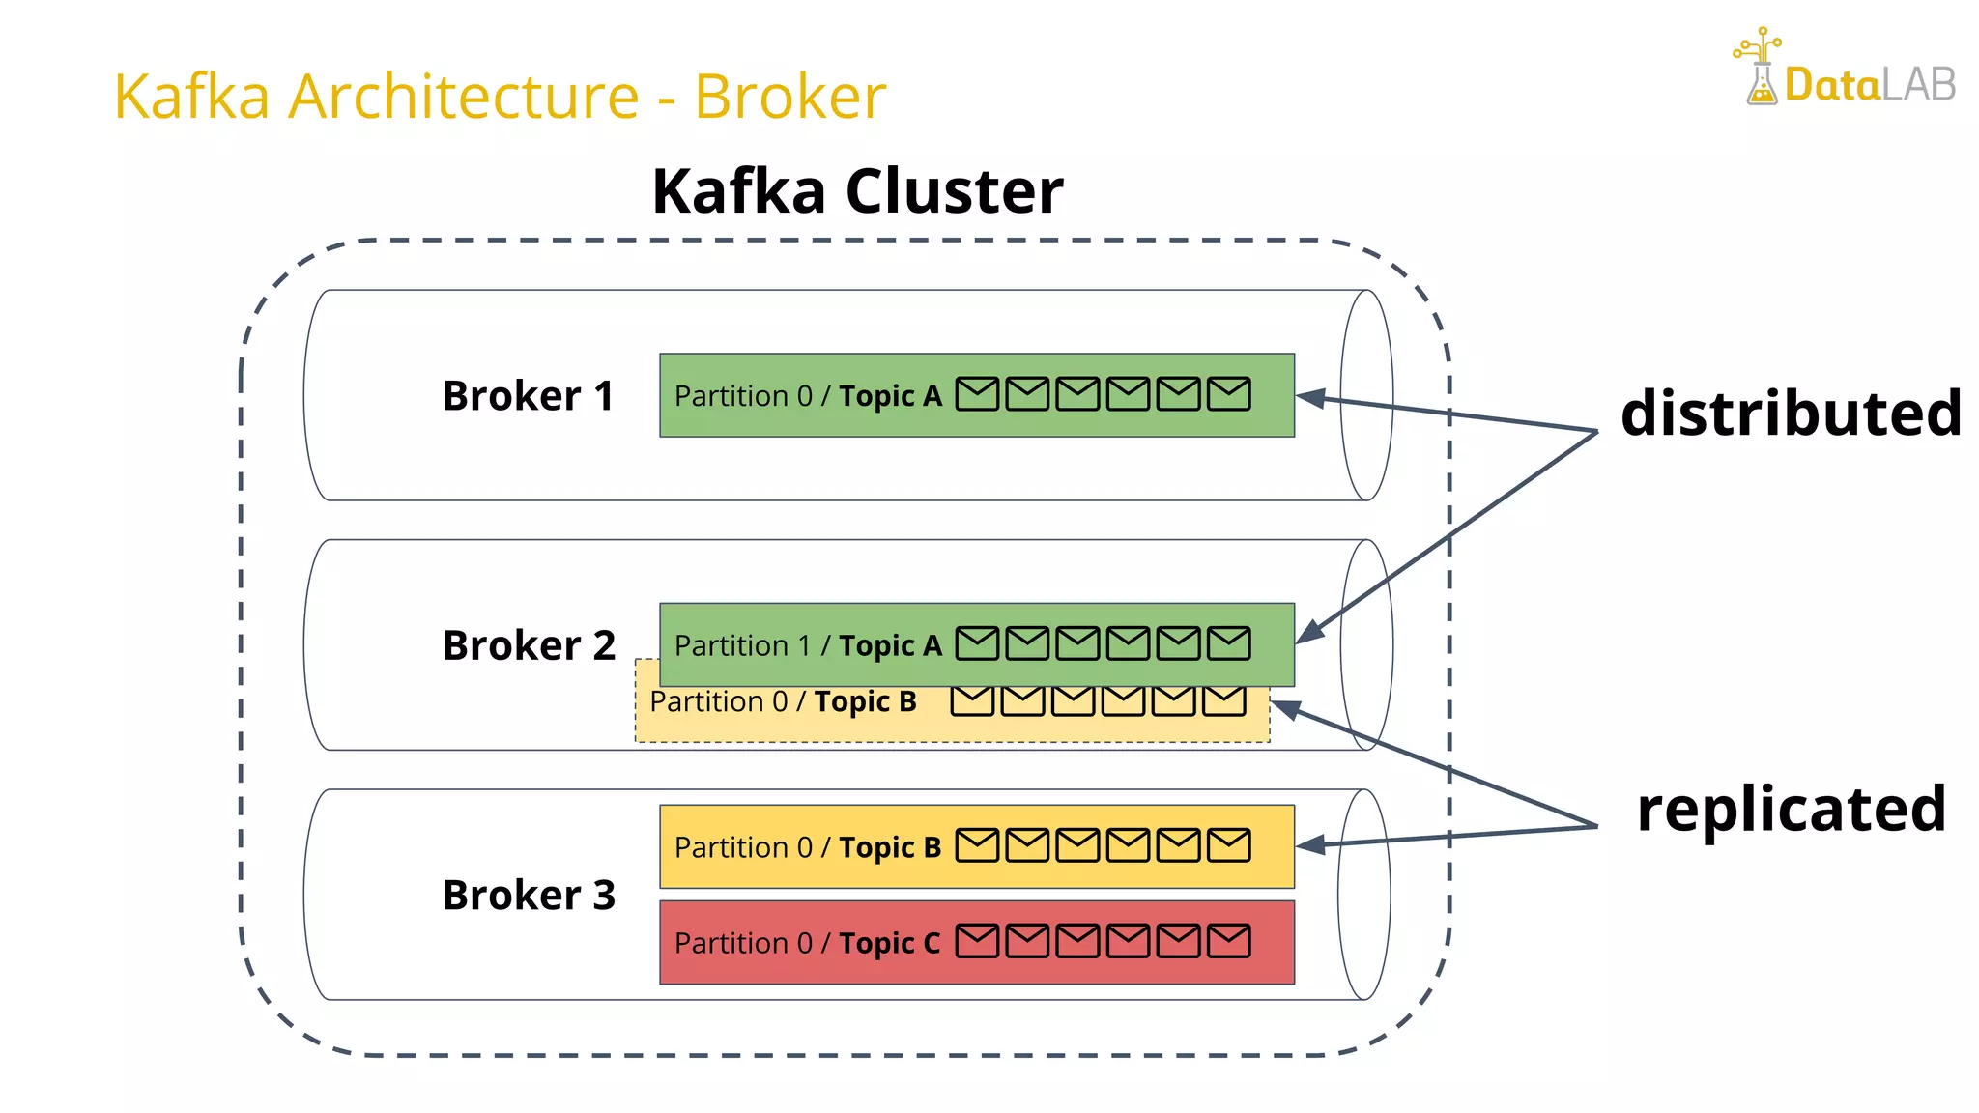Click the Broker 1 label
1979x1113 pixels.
pyautogui.click(x=528, y=396)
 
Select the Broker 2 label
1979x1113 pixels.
pyautogui.click(x=528, y=645)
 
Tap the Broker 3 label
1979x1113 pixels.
pyautogui.click(x=528, y=896)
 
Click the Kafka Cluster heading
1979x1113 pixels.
pyautogui.click(x=857, y=191)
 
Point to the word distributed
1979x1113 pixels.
pyautogui.click(x=1791, y=414)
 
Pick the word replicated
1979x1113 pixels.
pyautogui.click(x=1791, y=809)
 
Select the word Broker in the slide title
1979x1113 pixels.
pyautogui.click(x=789, y=97)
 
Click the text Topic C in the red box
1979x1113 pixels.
pyautogui.click(x=889, y=943)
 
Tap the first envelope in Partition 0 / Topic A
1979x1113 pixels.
pyautogui.click(x=977, y=394)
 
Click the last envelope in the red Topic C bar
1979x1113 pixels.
pyautogui.click(x=1228, y=941)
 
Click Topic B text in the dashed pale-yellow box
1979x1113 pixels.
pyautogui.click(x=865, y=701)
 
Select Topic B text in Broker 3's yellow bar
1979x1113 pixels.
pyautogui.click(x=889, y=847)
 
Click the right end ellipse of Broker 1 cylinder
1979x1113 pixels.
pyautogui.click(x=1366, y=395)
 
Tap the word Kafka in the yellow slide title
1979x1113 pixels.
pyautogui.click(x=191, y=97)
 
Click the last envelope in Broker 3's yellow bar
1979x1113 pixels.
pyautogui.click(x=1228, y=845)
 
